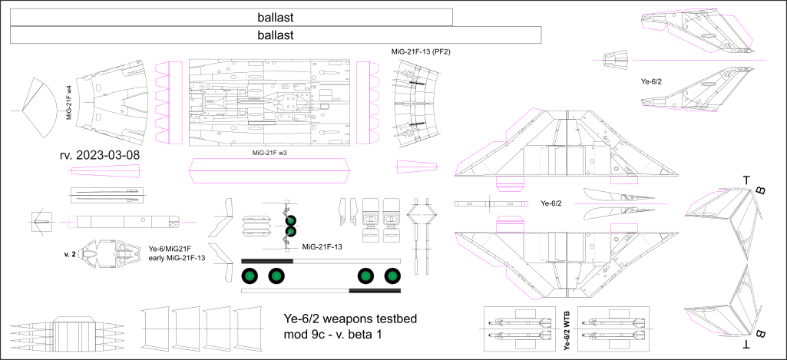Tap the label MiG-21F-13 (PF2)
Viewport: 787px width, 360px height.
(x=420, y=51)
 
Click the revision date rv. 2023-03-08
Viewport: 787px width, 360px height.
(x=99, y=156)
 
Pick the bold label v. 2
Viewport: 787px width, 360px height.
(x=71, y=253)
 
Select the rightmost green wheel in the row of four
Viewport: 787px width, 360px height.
(x=392, y=275)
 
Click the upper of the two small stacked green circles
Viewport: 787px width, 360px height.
(x=291, y=219)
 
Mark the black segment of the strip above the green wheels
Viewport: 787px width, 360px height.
(x=267, y=261)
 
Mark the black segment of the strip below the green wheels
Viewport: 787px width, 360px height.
(x=375, y=291)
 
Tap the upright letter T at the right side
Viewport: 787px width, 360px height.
(x=746, y=180)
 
